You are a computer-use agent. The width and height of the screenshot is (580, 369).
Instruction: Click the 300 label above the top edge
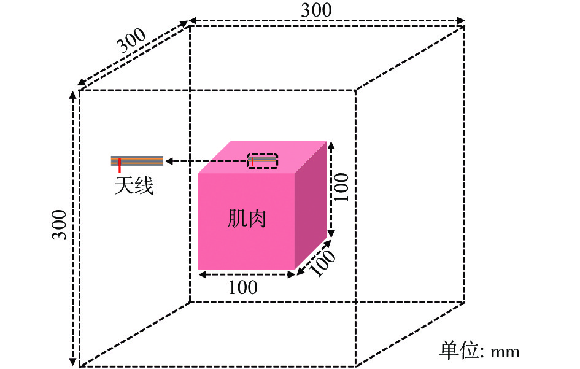click(x=316, y=10)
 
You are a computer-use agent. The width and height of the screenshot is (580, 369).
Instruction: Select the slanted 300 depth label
click(x=131, y=41)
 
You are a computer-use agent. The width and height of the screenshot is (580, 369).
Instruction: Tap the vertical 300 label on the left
click(x=59, y=225)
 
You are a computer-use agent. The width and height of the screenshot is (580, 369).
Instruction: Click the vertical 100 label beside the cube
click(x=341, y=187)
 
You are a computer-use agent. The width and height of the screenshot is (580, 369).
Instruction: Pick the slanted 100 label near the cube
click(x=323, y=263)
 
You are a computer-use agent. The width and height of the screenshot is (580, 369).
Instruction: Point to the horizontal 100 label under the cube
click(x=243, y=287)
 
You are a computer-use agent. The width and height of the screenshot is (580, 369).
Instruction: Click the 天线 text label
click(x=134, y=185)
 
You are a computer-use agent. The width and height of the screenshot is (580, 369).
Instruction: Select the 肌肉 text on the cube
click(x=246, y=218)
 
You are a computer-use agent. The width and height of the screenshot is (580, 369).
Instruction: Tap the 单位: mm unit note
click(x=479, y=351)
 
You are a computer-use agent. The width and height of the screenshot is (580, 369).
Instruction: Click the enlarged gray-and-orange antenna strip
click(x=137, y=161)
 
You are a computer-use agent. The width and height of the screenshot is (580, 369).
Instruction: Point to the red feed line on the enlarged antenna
click(x=120, y=165)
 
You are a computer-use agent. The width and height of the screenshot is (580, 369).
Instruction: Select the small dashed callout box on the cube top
click(x=262, y=161)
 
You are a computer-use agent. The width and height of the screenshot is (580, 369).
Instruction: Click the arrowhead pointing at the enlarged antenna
click(x=169, y=161)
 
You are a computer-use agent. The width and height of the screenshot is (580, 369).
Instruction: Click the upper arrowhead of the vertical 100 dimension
click(x=331, y=144)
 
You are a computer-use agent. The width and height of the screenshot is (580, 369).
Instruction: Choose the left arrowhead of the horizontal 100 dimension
click(x=203, y=274)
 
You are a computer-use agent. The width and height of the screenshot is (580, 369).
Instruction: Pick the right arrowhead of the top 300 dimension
click(x=460, y=20)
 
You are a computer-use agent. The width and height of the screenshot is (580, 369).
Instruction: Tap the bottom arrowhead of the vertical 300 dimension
click(x=73, y=362)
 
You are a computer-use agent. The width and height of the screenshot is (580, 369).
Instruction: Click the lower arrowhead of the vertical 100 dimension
click(x=331, y=233)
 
